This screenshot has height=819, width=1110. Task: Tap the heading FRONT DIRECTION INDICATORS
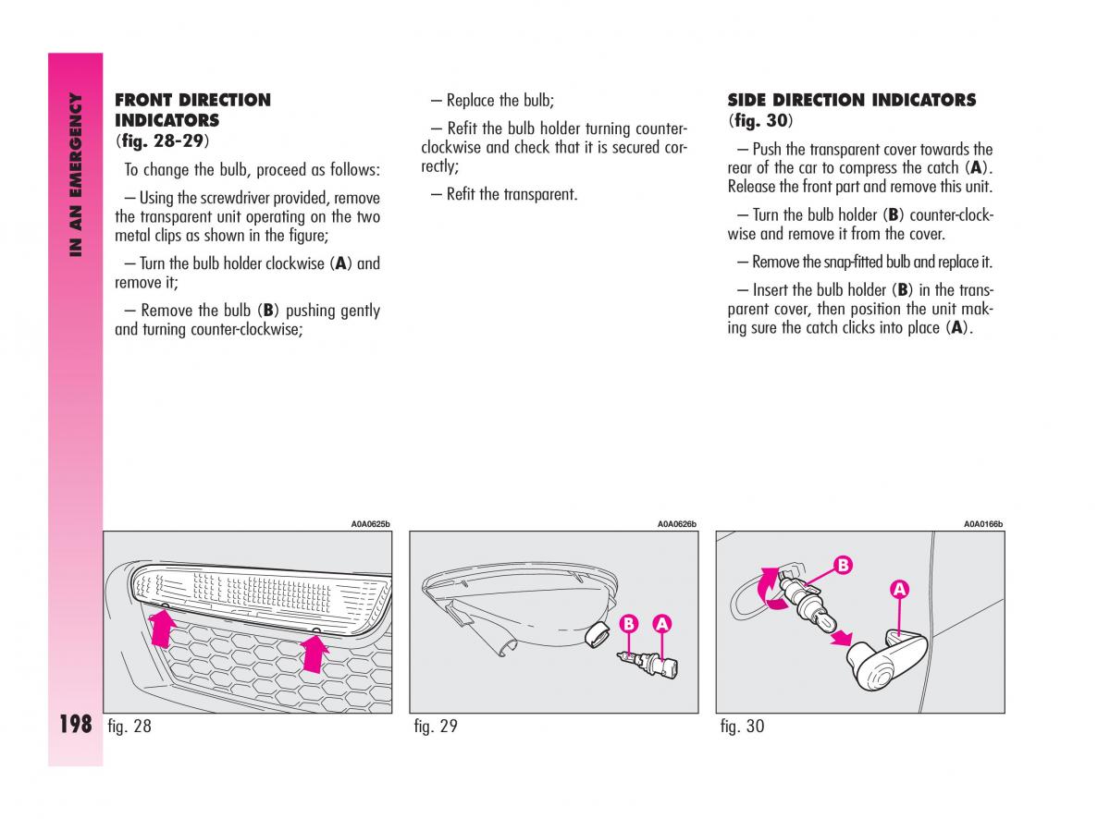pos(192,110)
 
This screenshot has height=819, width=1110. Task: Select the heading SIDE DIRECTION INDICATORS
pos(851,100)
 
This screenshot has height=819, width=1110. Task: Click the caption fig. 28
pos(129,727)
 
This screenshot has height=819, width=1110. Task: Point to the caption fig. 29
pos(436,727)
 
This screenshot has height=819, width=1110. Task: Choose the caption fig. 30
pos(742,727)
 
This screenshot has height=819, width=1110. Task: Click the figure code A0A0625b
pos(370,524)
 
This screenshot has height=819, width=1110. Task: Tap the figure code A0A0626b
pos(676,524)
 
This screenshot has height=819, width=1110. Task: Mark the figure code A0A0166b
pos(983,524)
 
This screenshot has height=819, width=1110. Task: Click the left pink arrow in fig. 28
pos(163,633)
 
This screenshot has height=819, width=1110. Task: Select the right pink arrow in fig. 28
pos(315,655)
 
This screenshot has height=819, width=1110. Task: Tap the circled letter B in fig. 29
pos(629,624)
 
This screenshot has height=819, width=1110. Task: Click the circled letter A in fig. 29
pos(661,624)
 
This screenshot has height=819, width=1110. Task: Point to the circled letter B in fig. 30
pos(842,564)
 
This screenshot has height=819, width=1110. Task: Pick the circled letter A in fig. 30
pos(898,589)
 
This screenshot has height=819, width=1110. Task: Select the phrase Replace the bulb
pos(499,101)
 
